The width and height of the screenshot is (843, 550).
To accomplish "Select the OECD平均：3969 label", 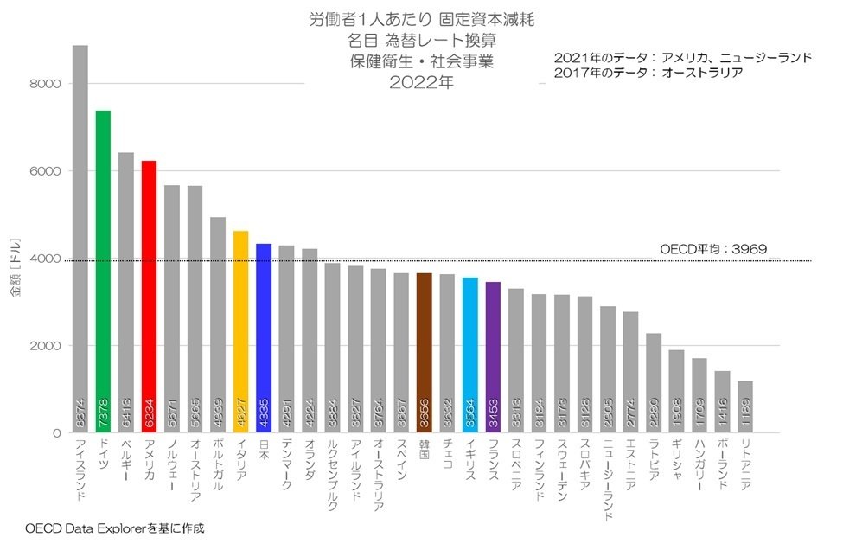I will tap(713, 249).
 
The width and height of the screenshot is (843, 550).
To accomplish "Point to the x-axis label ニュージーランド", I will tap(608, 481).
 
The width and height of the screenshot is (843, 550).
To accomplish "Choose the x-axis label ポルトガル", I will tap(217, 467).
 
